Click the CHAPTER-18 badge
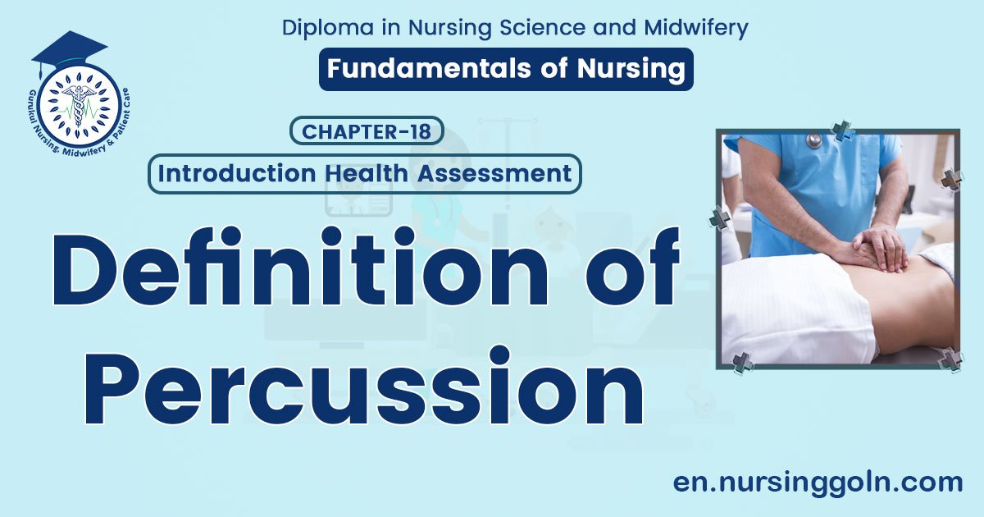[x=367, y=130]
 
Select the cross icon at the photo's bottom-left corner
[x=743, y=363]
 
